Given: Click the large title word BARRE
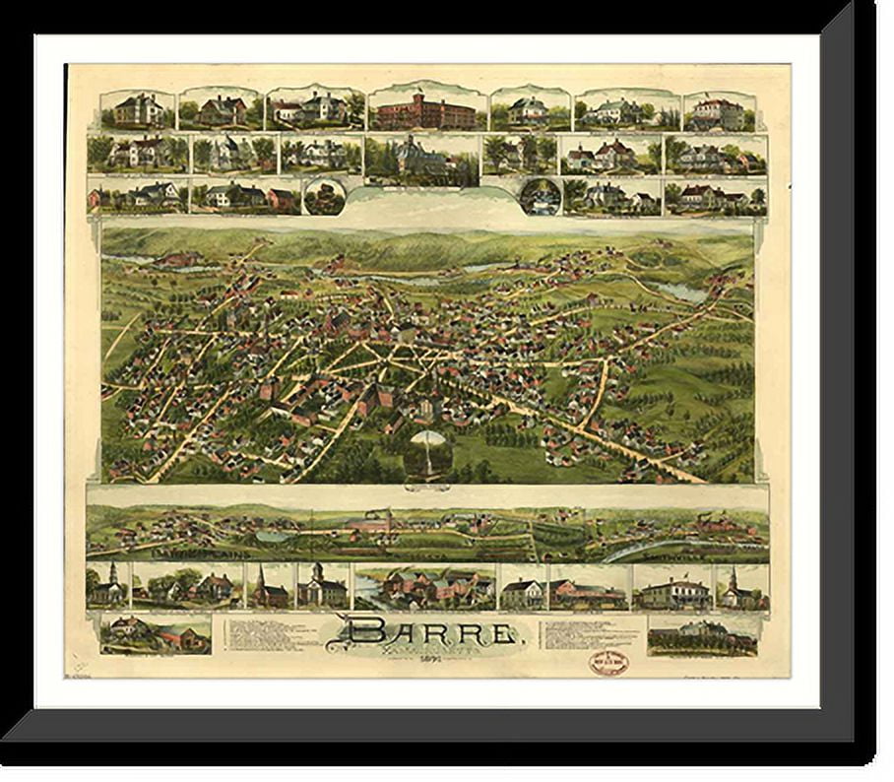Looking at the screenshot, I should click(432, 632).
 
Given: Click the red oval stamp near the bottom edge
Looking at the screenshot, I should click(607, 663).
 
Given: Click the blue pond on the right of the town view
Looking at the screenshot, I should click(683, 292).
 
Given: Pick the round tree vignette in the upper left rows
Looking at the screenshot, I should click(324, 195).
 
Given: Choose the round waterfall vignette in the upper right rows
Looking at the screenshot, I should click(541, 195).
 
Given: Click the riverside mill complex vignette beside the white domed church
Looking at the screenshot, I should click(425, 587).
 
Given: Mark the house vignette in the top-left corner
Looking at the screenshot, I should click(137, 109).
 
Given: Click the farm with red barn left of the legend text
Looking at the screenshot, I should click(156, 634).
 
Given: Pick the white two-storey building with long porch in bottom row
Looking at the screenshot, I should click(672, 589).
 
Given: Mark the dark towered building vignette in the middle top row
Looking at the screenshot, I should click(422, 157).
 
